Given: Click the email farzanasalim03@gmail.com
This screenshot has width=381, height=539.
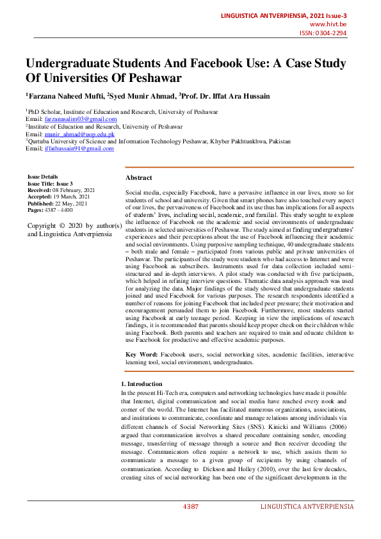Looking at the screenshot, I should pyautogui.click(x=81, y=119).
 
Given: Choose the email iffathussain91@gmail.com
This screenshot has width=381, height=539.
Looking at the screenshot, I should pyautogui.click(x=79, y=149).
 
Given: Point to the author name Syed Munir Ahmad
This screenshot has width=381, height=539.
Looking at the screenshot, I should pyautogui.click(x=142, y=97).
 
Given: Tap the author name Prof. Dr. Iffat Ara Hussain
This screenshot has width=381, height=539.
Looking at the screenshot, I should pyautogui.click(x=226, y=97).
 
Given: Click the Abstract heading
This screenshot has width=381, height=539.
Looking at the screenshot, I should pyautogui.click(x=139, y=177).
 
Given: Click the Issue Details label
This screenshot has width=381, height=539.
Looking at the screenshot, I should pyautogui.click(x=42, y=177).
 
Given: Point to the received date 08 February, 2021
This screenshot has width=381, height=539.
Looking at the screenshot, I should pyautogui.click(x=74, y=190).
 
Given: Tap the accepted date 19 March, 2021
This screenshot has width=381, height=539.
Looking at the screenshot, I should pyautogui.click(x=72, y=197).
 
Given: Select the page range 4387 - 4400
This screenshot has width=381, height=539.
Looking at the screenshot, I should pyautogui.click(x=59, y=209).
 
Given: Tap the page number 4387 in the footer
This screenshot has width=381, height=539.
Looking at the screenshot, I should pyautogui.click(x=191, y=506).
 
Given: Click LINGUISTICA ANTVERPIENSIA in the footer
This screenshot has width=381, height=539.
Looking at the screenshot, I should pyautogui.click(x=307, y=506).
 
